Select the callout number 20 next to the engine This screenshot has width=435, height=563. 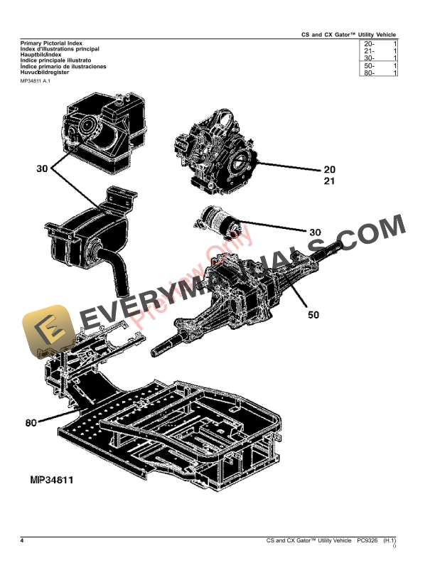pyautogui.click(x=329, y=169)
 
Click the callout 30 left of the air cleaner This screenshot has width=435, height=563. pyautogui.click(x=42, y=168)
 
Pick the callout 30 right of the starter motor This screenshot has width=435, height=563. pyautogui.click(x=315, y=232)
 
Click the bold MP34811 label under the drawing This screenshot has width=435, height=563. pyautogui.click(x=52, y=480)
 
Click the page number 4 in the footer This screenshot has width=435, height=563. pyautogui.click(x=22, y=542)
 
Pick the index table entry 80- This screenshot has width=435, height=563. pyautogui.click(x=369, y=73)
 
